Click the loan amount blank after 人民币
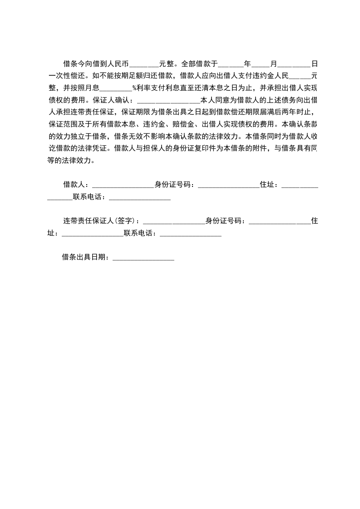(144, 64)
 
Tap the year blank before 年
(231, 64)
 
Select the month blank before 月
(261, 64)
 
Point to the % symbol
(134, 88)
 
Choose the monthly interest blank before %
(118, 88)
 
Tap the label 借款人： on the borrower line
(77, 185)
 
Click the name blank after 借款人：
(123, 185)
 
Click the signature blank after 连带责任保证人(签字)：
(174, 221)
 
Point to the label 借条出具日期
(84, 258)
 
